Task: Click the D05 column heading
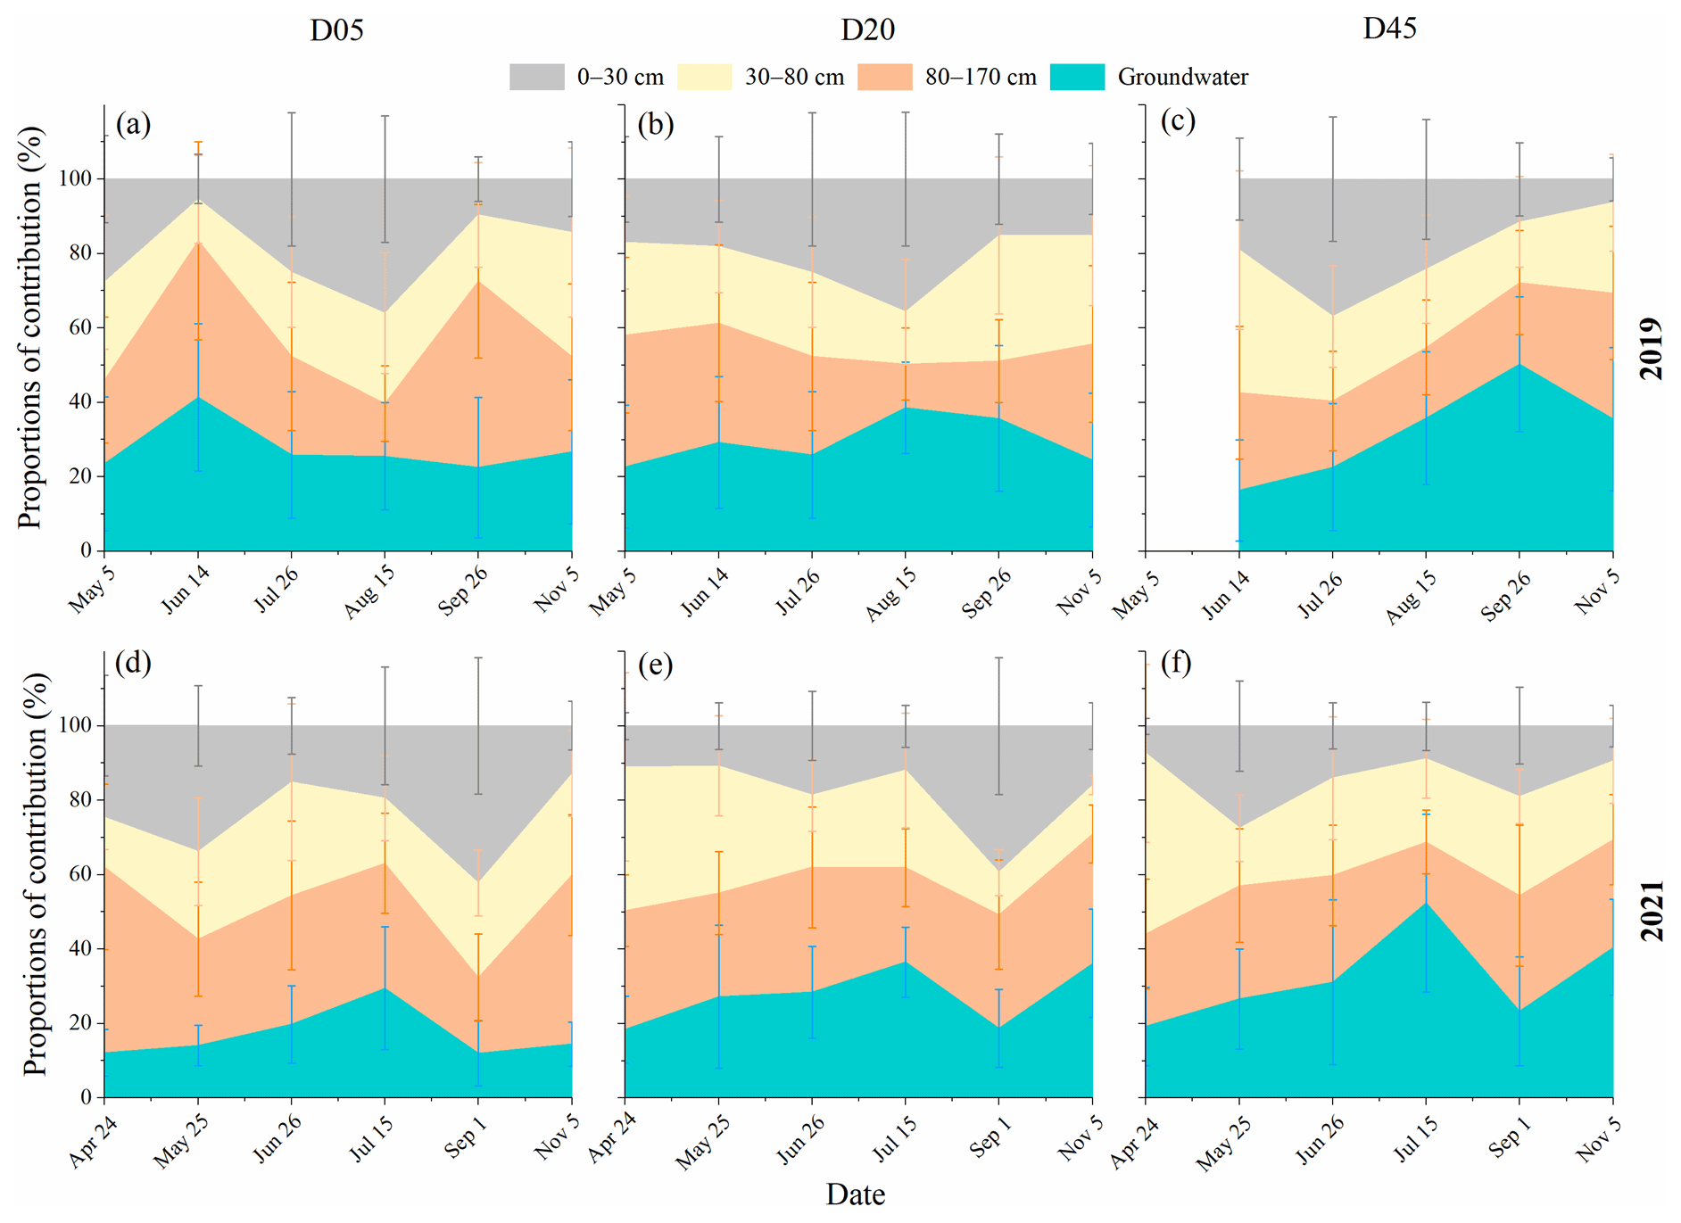pos(336,30)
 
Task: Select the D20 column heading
pos(867,30)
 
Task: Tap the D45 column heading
pos(1389,29)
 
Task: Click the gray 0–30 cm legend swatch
pos(536,77)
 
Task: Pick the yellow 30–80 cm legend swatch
pos(704,77)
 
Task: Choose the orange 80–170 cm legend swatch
pos(884,77)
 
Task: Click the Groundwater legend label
pos(1182,78)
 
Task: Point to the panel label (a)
pos(133,123)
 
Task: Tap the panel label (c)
pos(1178,120)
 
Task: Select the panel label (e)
pos(655,665)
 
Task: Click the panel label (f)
pos(1176,663)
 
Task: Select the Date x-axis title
pos(855,1194)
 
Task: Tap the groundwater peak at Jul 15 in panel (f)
pos(1426,903)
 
